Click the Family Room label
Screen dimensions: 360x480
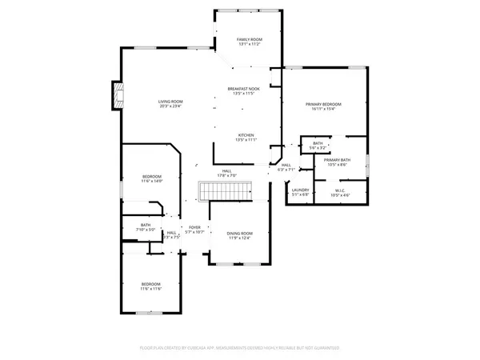click(x=249, y=39)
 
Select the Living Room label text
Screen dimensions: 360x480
click(x=170, y=102)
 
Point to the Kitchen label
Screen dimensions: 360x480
click(x=246, y=134)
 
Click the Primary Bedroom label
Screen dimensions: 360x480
click(x=323, y=104)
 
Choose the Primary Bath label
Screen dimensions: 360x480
click(x=337, y=159)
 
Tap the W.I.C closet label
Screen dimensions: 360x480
click(x=340, y=190)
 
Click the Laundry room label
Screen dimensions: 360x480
click(x=299, y=190)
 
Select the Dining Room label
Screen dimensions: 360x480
click(x=240, y=233)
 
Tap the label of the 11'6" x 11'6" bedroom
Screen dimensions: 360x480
click(x=151, y=284)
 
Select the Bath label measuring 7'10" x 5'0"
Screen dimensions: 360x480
click(x=146, y=225)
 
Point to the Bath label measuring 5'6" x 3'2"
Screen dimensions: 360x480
click(x=318, y=143)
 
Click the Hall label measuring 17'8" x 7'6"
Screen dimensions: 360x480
click(x=226, y=171)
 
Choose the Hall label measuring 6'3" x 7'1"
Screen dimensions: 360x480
click(x=286, y=166)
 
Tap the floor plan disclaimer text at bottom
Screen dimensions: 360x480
click(x=240, y=348)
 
